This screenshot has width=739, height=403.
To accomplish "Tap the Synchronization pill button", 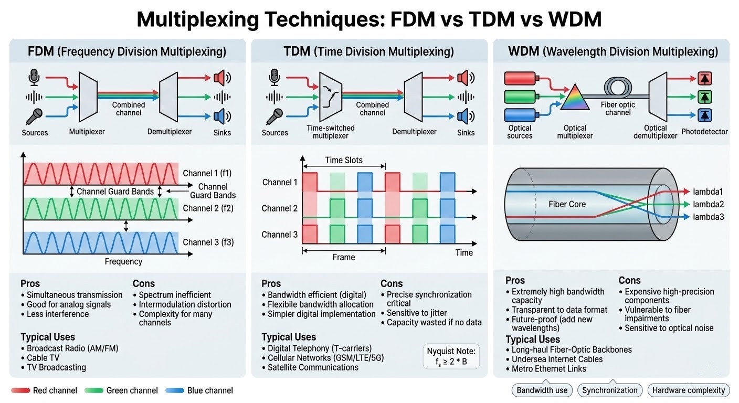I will point(610,390).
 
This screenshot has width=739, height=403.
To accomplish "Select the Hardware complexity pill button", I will point(688,390).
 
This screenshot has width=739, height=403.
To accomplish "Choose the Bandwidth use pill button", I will point(542,390).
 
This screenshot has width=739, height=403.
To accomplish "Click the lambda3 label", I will point(708,216).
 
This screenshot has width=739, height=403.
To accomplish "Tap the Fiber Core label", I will point(567,204).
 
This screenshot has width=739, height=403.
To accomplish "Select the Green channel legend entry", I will point(132,390).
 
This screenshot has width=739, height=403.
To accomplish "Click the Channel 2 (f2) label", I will point(208,208).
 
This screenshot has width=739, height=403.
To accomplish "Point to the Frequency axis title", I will point(123,261).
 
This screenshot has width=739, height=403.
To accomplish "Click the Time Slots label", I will point(344,160).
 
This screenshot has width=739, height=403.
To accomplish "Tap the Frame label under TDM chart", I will point(344,257).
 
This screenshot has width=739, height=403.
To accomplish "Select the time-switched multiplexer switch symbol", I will point(331,97).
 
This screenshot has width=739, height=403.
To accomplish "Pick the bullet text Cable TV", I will point(48,358).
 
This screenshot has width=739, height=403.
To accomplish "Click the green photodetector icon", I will point(704,97).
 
